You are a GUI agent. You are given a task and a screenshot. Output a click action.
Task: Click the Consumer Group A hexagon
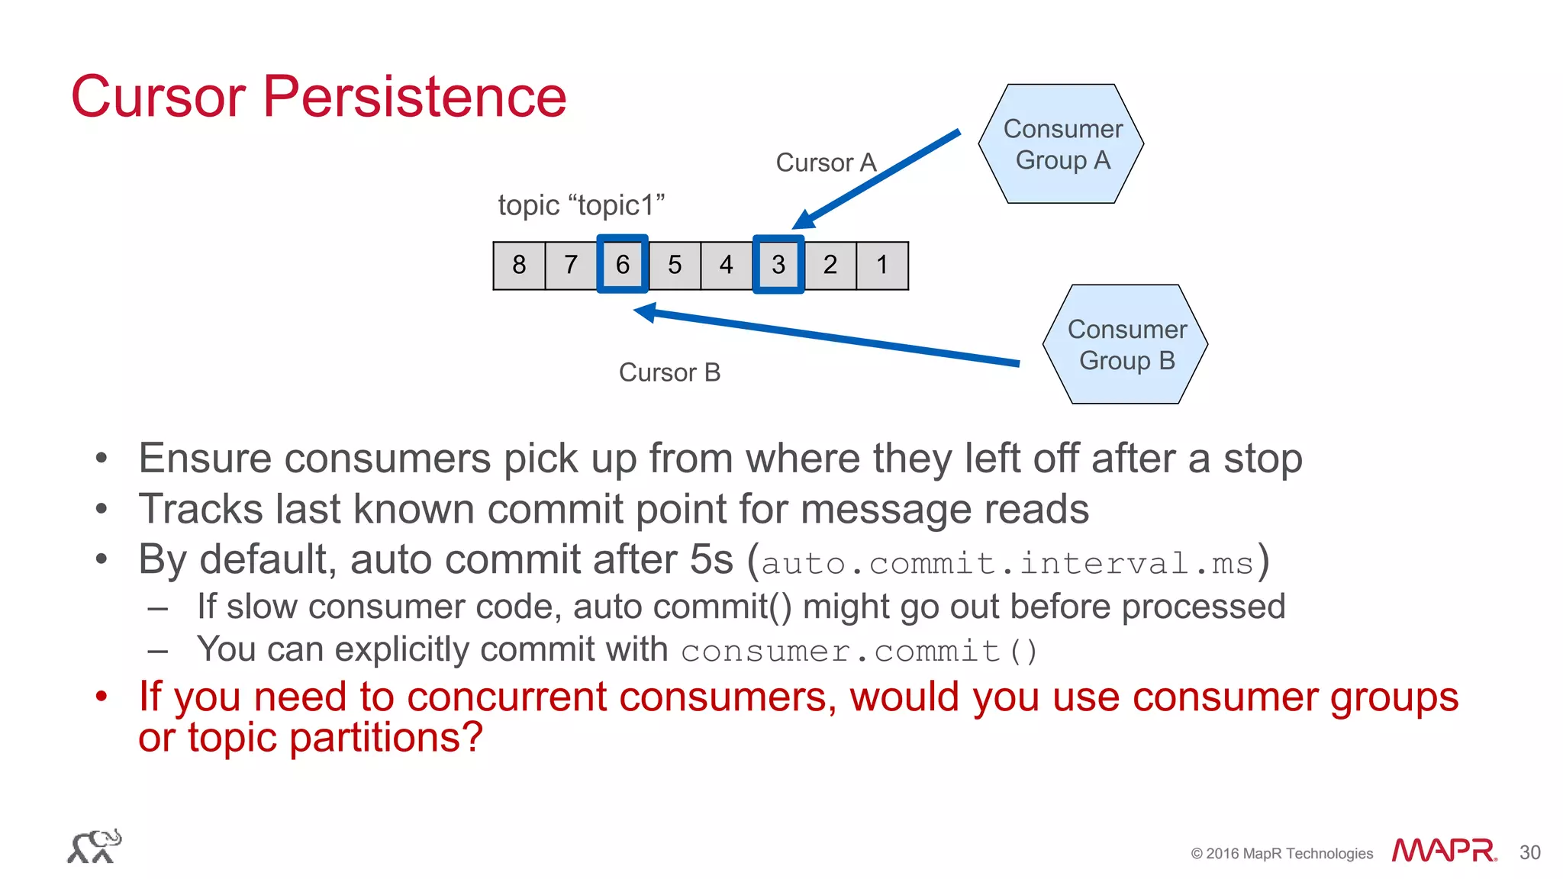coord(1061,144)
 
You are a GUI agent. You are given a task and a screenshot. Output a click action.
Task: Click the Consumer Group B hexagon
coord(1126,345)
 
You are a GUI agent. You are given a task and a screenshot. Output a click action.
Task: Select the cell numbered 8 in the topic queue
coord(519,266)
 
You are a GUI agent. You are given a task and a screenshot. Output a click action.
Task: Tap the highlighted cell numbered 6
coord(623,265)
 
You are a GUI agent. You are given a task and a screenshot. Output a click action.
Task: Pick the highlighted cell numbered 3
coord(778,265)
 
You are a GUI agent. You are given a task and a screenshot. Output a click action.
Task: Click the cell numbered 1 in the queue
coord(882,266)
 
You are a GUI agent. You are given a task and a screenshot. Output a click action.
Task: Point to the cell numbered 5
coord(675,266)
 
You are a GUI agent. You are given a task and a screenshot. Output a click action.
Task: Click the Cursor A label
coord(826,163)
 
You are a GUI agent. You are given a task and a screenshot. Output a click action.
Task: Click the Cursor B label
coord(669,372)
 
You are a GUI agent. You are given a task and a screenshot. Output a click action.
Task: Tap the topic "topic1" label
coord(581,205)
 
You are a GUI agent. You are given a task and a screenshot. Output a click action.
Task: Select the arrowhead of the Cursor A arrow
coord(804,220)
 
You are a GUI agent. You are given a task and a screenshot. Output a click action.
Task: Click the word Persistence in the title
coord(414,97)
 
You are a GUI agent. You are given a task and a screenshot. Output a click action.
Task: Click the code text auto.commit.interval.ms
coord(1007,564)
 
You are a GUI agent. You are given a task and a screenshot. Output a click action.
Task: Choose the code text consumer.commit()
coord(859,652)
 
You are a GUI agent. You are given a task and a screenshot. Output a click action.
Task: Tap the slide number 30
coord(1529,852)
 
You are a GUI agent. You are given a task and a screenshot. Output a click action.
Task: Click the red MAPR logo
coord(1443,850)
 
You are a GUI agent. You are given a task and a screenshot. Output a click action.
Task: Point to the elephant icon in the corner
coord(95,846)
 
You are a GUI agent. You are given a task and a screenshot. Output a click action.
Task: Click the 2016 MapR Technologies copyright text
coord(1281,853)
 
